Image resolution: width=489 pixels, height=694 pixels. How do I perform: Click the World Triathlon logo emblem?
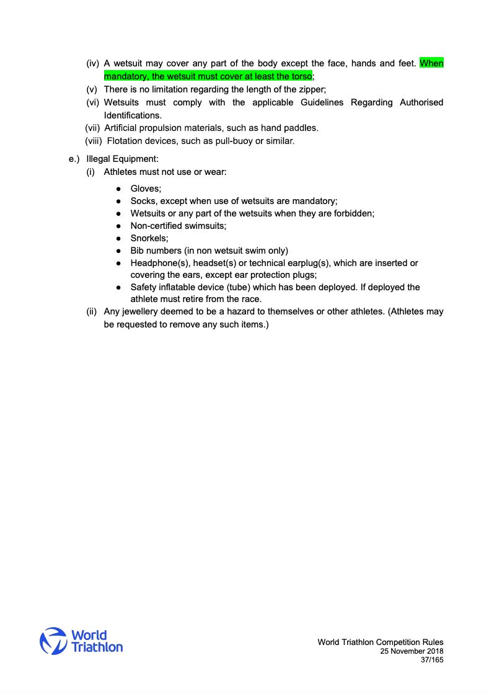53,641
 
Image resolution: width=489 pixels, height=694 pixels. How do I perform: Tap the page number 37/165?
432,661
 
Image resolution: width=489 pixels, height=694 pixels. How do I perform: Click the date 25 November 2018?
412,651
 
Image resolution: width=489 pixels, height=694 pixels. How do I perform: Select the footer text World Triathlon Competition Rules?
380,642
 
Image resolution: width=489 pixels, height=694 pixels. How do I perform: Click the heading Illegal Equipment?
123,159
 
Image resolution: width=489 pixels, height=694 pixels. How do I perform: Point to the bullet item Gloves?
146,188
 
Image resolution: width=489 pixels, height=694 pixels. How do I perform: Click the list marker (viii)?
94,141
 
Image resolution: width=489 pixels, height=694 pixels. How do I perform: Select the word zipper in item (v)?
311,89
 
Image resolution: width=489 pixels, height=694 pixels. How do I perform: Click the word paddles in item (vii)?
300,128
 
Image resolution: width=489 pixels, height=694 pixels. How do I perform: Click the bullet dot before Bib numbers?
118,251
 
